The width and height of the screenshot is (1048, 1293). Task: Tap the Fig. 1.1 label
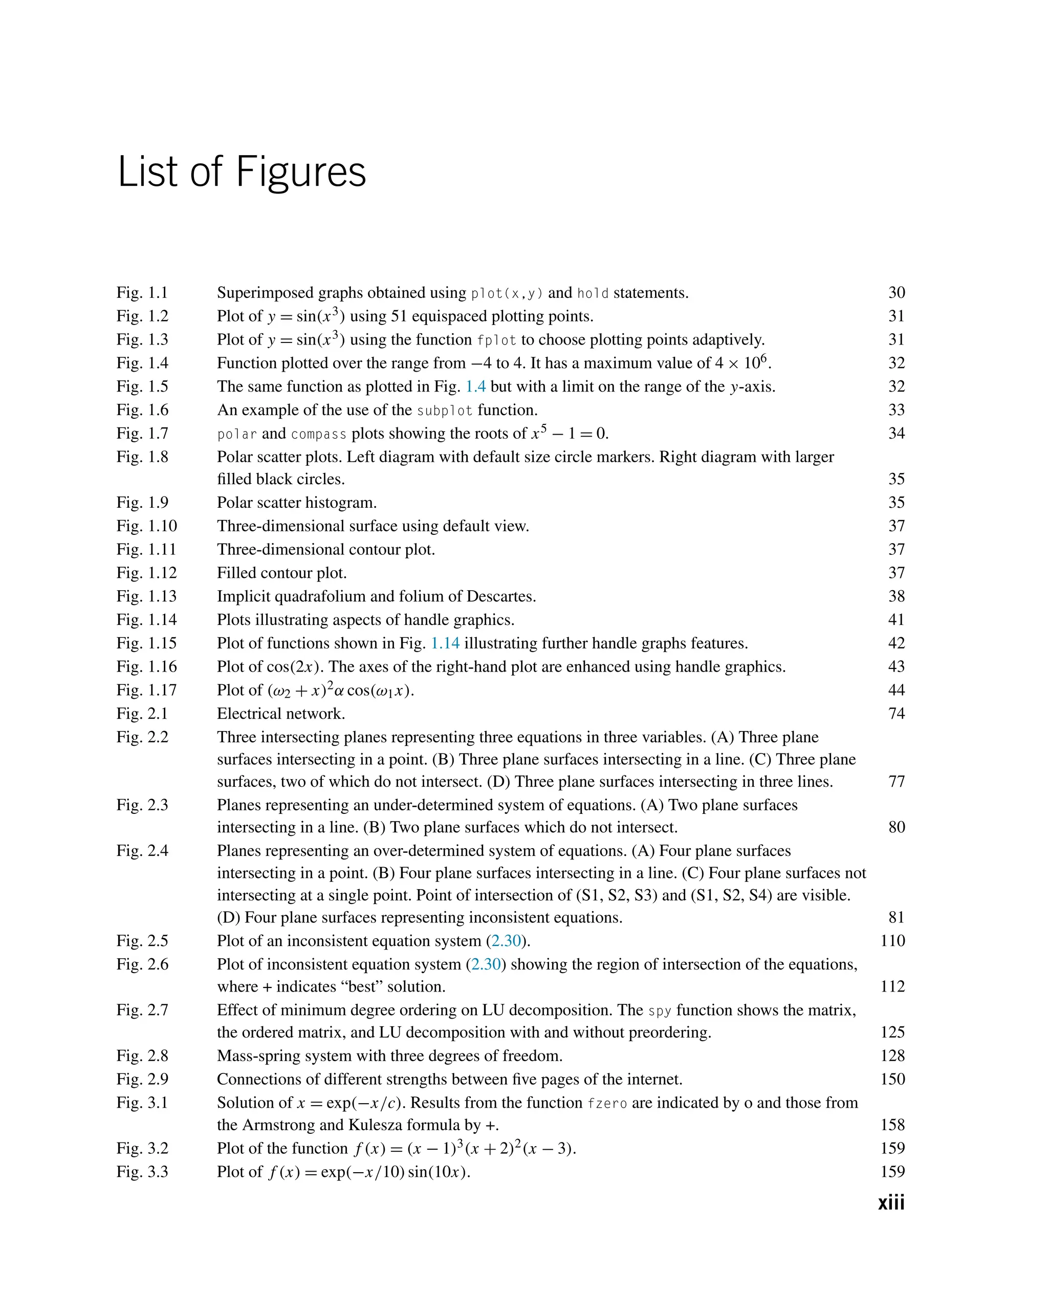tap(142, 293)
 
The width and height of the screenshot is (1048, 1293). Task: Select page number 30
tap(896, 293)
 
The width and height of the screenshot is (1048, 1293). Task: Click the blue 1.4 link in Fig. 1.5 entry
tap(475, 386)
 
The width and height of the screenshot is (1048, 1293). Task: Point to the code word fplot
tap(496, 340)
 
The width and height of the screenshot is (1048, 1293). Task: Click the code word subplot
tap(444, 411)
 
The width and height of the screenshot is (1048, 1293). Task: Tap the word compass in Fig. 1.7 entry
tap(318, 434)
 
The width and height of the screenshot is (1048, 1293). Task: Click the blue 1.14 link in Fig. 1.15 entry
tap(445, 643)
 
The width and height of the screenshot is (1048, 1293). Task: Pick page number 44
tap(896, 689)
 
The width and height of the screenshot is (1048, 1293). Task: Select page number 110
tap(892, 940)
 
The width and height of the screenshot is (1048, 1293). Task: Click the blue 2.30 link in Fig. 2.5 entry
tap(506, 941)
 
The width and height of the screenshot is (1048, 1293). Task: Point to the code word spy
tap(659, 1011)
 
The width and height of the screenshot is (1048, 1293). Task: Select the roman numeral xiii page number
tap(890, 1202)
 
